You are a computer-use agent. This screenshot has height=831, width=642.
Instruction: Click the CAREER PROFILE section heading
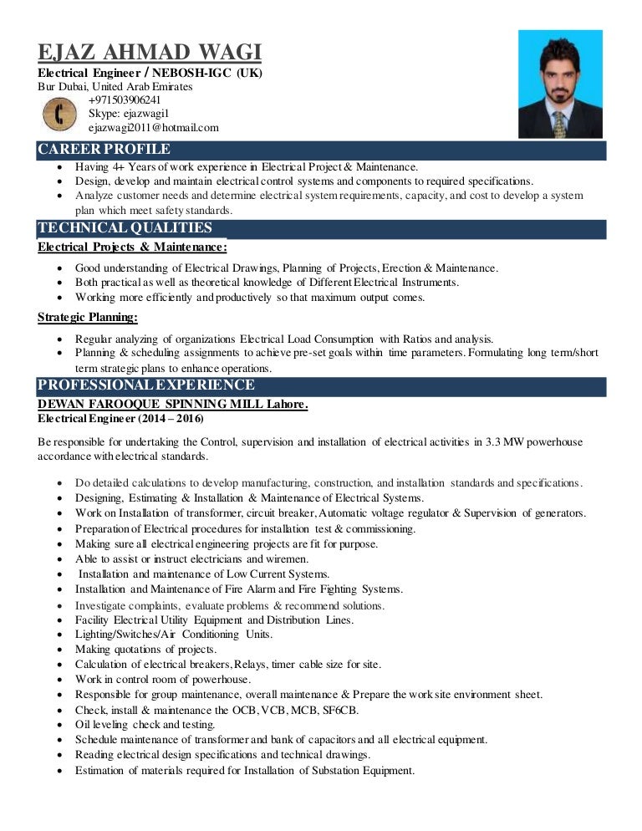pos(104,150)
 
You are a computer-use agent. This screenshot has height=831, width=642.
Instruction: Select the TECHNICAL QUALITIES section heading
pos(125,228)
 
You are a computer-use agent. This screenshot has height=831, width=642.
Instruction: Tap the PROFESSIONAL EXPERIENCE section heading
pos(146,385)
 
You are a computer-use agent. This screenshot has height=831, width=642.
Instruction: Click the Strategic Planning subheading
pos(88,317)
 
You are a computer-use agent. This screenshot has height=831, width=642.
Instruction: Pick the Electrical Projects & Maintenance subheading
pos(132,247)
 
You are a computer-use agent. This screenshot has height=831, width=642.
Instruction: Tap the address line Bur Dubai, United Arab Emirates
pos(115,87)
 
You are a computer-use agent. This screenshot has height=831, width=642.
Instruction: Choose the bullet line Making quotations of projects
pos(145,649)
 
